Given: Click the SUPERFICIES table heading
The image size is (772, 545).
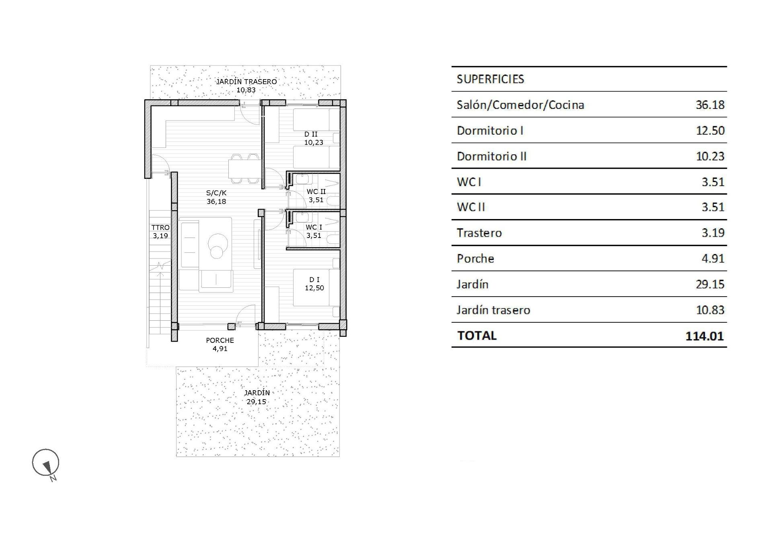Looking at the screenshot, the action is tap(490, 79).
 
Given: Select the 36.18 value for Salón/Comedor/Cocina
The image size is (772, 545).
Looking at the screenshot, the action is tap(710, 105).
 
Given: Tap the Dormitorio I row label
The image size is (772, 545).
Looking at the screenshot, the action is tap(490, 131).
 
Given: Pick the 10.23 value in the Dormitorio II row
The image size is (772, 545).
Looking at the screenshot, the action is tap(710, 156).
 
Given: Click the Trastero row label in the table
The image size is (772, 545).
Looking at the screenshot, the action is tap(479, 233).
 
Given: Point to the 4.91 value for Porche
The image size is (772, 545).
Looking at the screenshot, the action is tap(713, 258).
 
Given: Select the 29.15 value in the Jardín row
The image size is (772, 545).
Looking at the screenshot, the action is tap(710, 284).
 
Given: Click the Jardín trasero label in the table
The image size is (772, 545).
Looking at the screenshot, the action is tap(493, 310).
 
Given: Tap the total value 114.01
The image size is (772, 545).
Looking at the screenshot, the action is tap(704, 336).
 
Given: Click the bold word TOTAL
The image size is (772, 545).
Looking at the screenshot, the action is tap(477, 336).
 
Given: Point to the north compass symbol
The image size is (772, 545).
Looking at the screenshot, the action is tap(46, 463).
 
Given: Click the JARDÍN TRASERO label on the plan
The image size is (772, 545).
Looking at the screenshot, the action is tap(246, 82).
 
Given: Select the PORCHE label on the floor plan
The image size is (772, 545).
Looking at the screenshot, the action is tap(220, 340).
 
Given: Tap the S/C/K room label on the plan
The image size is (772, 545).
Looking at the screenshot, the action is tap(216, 193).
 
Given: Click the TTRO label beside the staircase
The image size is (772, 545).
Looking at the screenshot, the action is tap(160, 227).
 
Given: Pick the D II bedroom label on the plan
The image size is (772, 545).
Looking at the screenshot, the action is tap(311, 134).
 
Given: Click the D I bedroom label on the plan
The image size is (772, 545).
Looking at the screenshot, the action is tap(314, 280).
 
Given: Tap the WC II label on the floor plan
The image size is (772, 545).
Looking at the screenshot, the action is tap(316, 192).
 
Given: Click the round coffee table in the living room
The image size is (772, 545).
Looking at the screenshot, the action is tap(218, 246).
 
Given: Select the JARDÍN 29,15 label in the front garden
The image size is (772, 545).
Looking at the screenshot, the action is tap(257, 397).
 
